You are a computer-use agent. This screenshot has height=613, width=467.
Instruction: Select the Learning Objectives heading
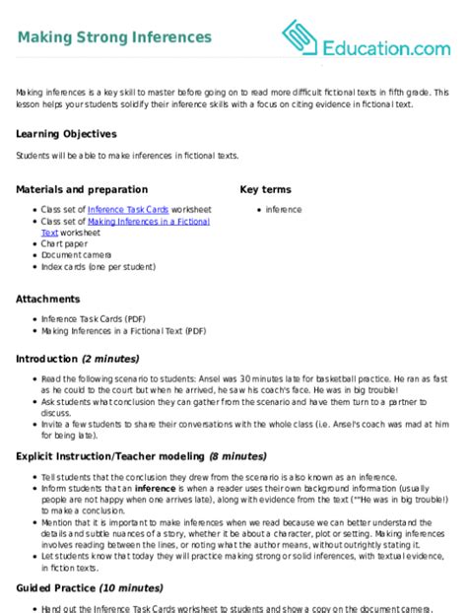tap(66, 133)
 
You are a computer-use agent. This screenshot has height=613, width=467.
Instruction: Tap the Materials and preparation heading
tap(83, 189)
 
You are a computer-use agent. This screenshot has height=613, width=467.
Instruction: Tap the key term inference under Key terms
tap(284, 210)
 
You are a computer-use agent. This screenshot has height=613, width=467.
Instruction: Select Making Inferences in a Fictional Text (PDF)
tap(123, 332)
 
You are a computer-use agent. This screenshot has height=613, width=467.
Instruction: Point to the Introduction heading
tap(48, 358)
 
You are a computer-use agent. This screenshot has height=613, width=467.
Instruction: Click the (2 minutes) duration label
tap(111, 358)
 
